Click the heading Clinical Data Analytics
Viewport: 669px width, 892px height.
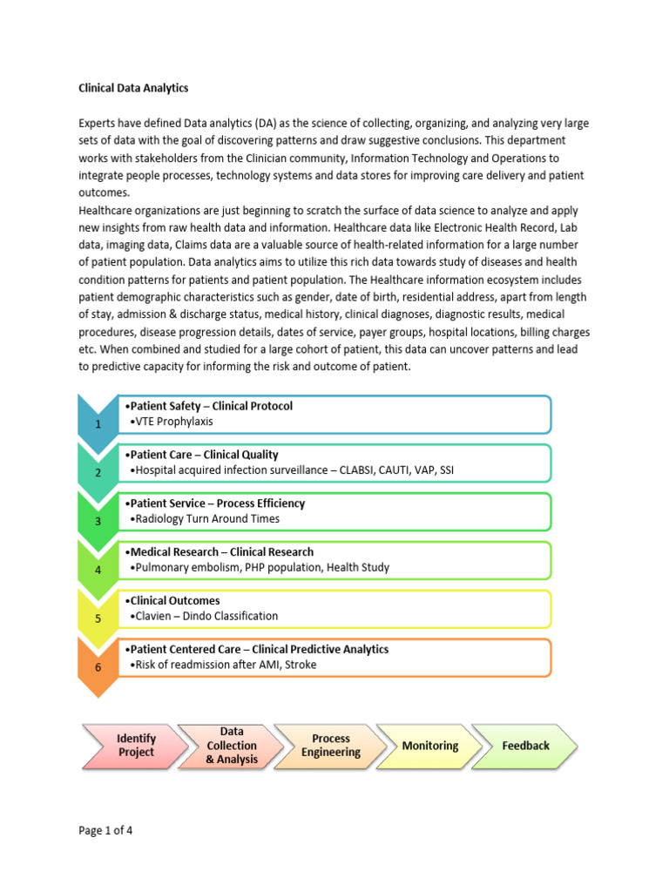(133, 89)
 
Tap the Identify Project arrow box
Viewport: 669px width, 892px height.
(136, 745)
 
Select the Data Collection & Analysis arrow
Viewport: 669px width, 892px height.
(232, 745)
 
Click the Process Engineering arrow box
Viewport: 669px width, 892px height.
(331, 745)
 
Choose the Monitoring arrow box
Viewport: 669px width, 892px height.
(430, 746)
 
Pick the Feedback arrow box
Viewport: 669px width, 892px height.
(526, 746)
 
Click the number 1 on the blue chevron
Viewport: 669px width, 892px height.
(98, 423)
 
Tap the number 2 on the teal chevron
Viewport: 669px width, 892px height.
(98, 472)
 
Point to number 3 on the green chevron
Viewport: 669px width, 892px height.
(98, 521)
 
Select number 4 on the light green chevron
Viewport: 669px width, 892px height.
(98, 570)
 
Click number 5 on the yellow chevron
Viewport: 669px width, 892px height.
(98, 618)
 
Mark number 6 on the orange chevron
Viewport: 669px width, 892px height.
(98, 667)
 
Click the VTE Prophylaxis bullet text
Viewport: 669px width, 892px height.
(171, 422)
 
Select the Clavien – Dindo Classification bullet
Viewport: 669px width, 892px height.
(203, 616)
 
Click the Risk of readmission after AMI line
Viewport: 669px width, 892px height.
(222, 665)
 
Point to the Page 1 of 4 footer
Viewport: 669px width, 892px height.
(105, 830)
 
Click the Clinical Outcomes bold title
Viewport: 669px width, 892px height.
(172, 600)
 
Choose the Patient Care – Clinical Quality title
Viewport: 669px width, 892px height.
(202, 454)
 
